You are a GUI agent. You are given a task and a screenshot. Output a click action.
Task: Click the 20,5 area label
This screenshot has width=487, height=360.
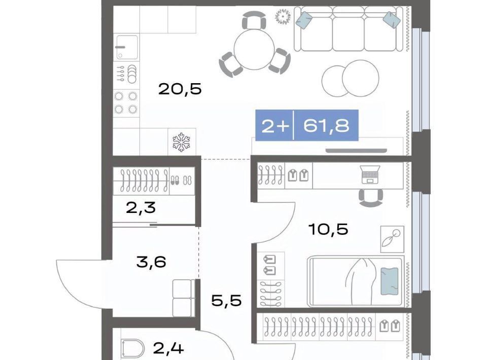pos(180,89)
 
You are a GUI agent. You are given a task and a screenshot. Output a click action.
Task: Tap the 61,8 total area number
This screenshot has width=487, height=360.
pos(326,126)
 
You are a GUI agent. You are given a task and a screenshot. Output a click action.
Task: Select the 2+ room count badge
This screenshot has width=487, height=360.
pos(275,126)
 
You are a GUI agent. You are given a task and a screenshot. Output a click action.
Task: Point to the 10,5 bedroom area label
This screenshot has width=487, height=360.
pos(328,229)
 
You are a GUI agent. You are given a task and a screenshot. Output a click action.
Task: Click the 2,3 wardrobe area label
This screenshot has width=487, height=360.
pos(141,208)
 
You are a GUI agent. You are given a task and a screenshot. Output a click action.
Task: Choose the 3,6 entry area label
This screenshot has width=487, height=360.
pos(151,262)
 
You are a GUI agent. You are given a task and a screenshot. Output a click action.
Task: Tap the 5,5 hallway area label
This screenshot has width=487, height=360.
pos(226,300)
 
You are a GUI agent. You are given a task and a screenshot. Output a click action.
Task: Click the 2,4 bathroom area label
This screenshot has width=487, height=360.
pos(168,348)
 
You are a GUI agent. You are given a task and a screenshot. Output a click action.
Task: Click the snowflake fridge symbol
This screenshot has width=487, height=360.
pos(182,142)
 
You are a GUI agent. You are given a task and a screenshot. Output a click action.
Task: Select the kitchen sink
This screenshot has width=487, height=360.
pos(127,47)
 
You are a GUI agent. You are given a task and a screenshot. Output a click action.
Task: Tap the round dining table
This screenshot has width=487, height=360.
pos(254,50)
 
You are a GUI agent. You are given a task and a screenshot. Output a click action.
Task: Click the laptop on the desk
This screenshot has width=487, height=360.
pos(370,175)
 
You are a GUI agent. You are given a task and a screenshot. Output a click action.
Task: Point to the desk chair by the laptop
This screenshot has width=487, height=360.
pos(370,198)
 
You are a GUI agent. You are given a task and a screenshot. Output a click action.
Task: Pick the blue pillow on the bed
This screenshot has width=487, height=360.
pos(390,281)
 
